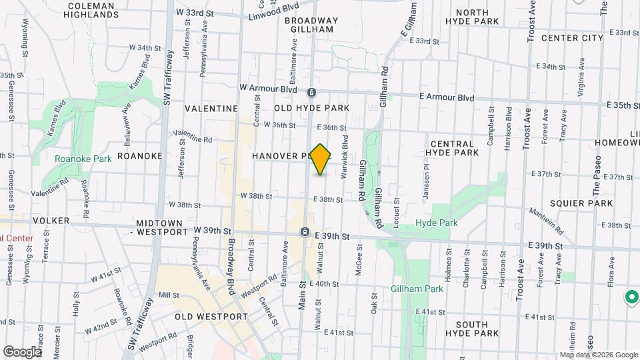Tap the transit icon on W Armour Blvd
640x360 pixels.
311,92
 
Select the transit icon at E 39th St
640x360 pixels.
305,231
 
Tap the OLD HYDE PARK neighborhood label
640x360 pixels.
312,108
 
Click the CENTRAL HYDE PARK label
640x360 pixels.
453,148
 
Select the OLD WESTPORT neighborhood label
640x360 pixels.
211,317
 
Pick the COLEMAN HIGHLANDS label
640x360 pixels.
93,9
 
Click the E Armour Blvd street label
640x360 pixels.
447,97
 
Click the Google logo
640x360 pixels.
21,351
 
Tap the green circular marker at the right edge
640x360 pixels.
630,297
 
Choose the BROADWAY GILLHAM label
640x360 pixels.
311,25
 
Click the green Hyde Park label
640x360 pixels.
437,223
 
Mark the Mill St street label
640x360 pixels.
169,295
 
